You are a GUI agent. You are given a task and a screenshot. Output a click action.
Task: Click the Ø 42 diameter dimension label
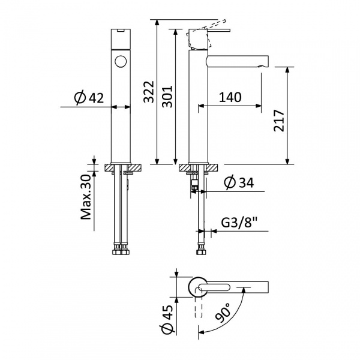coord(89,98)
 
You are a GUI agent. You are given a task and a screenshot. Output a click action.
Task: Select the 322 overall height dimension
coord(149,92)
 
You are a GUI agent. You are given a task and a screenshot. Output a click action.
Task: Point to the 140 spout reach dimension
coord(230,97)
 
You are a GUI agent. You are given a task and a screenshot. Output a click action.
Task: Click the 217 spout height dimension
coord(279,121)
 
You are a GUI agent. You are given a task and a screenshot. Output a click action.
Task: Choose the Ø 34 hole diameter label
coord(239,182)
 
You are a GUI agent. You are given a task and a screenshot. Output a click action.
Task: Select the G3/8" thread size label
coord(239,222)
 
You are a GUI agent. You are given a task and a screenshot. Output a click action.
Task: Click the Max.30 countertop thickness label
coord(86,197)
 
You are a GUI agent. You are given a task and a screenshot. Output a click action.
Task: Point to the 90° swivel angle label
coord(223,313)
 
